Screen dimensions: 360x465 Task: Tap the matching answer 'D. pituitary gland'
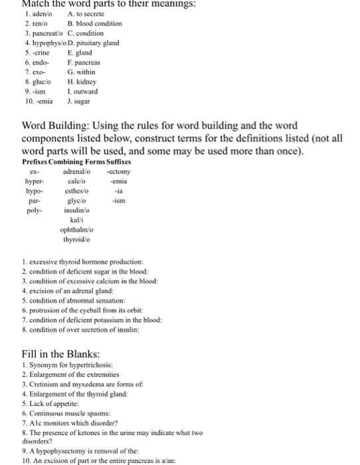(x=94, y=43)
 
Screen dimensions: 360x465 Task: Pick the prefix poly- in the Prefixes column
(x=35, y=210)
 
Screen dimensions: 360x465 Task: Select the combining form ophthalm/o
(x=77, y=230)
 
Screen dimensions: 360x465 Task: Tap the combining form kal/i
(x=77, y=220)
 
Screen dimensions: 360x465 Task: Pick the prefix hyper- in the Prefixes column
(x=35, y=181)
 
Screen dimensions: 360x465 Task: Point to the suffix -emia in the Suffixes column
(x=118, y=181)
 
